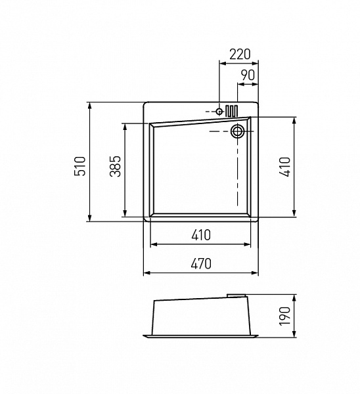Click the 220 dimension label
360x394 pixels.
pos(240,55)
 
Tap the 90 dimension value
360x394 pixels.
pos(248,75)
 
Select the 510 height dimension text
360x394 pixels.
pos(80,166)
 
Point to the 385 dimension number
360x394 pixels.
pos(116,166)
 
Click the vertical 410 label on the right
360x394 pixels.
pos(285,167)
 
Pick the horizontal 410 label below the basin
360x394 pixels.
pos(201,235)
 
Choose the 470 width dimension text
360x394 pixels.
pos(201,264)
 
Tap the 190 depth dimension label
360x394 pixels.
pos(285,316)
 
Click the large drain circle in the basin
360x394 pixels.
pos(237,131)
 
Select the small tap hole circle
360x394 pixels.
pos(219,112)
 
